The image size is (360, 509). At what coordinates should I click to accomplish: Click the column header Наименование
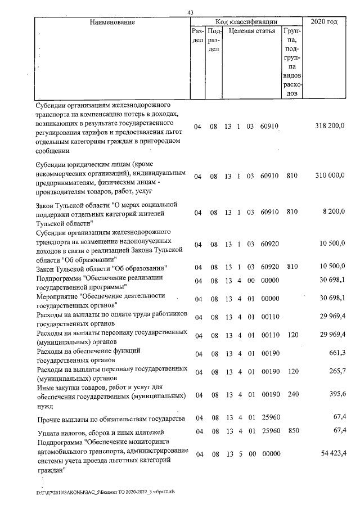click(x=112, y=22)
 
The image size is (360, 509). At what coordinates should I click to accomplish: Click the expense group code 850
click(x=291, y=431)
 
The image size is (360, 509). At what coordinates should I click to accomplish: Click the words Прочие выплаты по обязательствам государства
click(x=110, y=420)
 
